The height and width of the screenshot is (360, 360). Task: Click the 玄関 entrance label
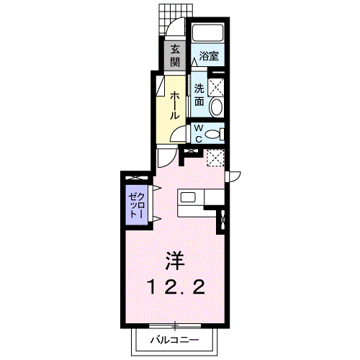tap(175, 56)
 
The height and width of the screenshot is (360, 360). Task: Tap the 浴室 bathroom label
tap(209, 56)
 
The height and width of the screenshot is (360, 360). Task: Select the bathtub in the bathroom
tap(208, 33)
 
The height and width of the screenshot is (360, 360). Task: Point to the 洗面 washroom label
tap(199, 95)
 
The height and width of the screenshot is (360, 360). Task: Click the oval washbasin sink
tap(216, 107)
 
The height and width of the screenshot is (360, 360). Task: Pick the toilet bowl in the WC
tap(214, 134)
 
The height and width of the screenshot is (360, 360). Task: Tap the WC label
tap(199, 133)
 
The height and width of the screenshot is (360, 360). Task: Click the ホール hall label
tap(175, 105)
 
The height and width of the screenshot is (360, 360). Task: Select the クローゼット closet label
tap(137, 205)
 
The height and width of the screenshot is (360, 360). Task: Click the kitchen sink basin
tap(188, 197)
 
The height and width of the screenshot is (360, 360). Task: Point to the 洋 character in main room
tap(175, 261)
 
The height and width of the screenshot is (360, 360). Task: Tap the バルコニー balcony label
tap(175, 340)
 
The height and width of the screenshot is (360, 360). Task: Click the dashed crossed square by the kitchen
tap(215, 158)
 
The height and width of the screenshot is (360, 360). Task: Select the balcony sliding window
tap(175, 325)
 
